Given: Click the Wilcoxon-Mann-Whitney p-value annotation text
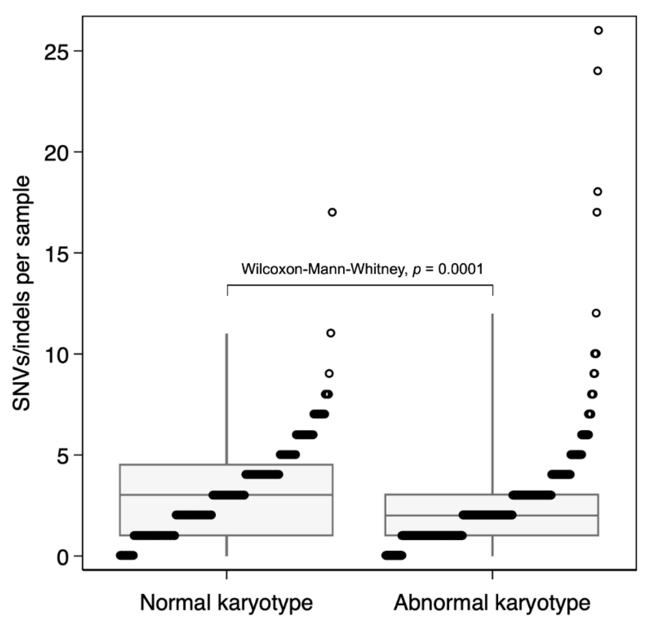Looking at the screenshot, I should [x=362, y=269].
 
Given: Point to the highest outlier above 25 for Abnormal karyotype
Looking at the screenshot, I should [x=599, y=31].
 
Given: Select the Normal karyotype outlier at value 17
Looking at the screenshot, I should [x=332, y=212].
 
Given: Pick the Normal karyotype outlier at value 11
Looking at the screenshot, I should [x=331, y=333].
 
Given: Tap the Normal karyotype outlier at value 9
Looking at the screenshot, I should [x=329, y=374].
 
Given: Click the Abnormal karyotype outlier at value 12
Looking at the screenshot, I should [x=596, y=313].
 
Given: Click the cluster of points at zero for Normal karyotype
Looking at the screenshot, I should [x=127, y=556].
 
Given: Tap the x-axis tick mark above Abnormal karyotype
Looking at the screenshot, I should [x=492, y=574].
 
